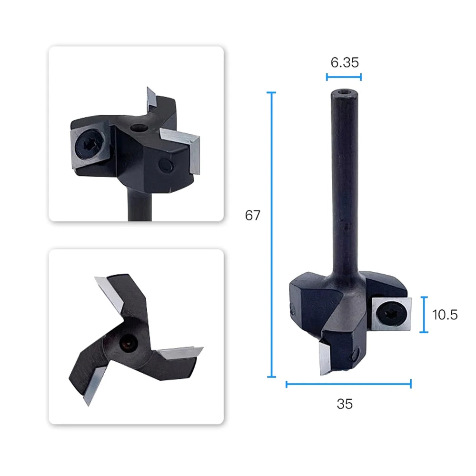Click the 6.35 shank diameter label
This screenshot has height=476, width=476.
[x=345, y=62]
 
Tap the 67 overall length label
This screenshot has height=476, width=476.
[x=253, y=216]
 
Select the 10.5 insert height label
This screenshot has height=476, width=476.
[x=445, y=315]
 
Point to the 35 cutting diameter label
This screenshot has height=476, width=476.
[x=345, y=404]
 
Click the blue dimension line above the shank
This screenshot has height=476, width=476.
[x=344, y=77]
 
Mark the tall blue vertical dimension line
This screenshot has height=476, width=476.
[x=271, y=234]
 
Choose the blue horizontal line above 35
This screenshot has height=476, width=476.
[x=348, y=384]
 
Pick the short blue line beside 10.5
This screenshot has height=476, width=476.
[x=424, y=315]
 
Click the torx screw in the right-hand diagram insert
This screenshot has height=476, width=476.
[x=391, y=314]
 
